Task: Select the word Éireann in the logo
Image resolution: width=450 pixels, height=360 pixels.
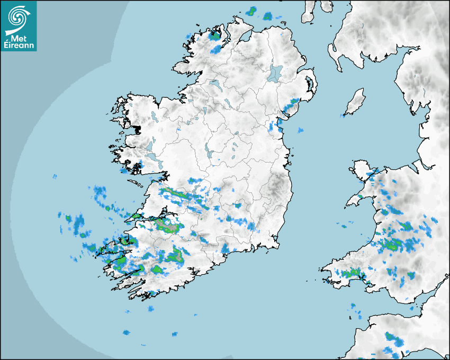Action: coord(19,46)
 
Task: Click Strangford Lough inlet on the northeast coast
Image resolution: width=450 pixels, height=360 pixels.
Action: coord(309,85)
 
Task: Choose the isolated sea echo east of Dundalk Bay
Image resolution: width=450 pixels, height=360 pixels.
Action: coord(301,130)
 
